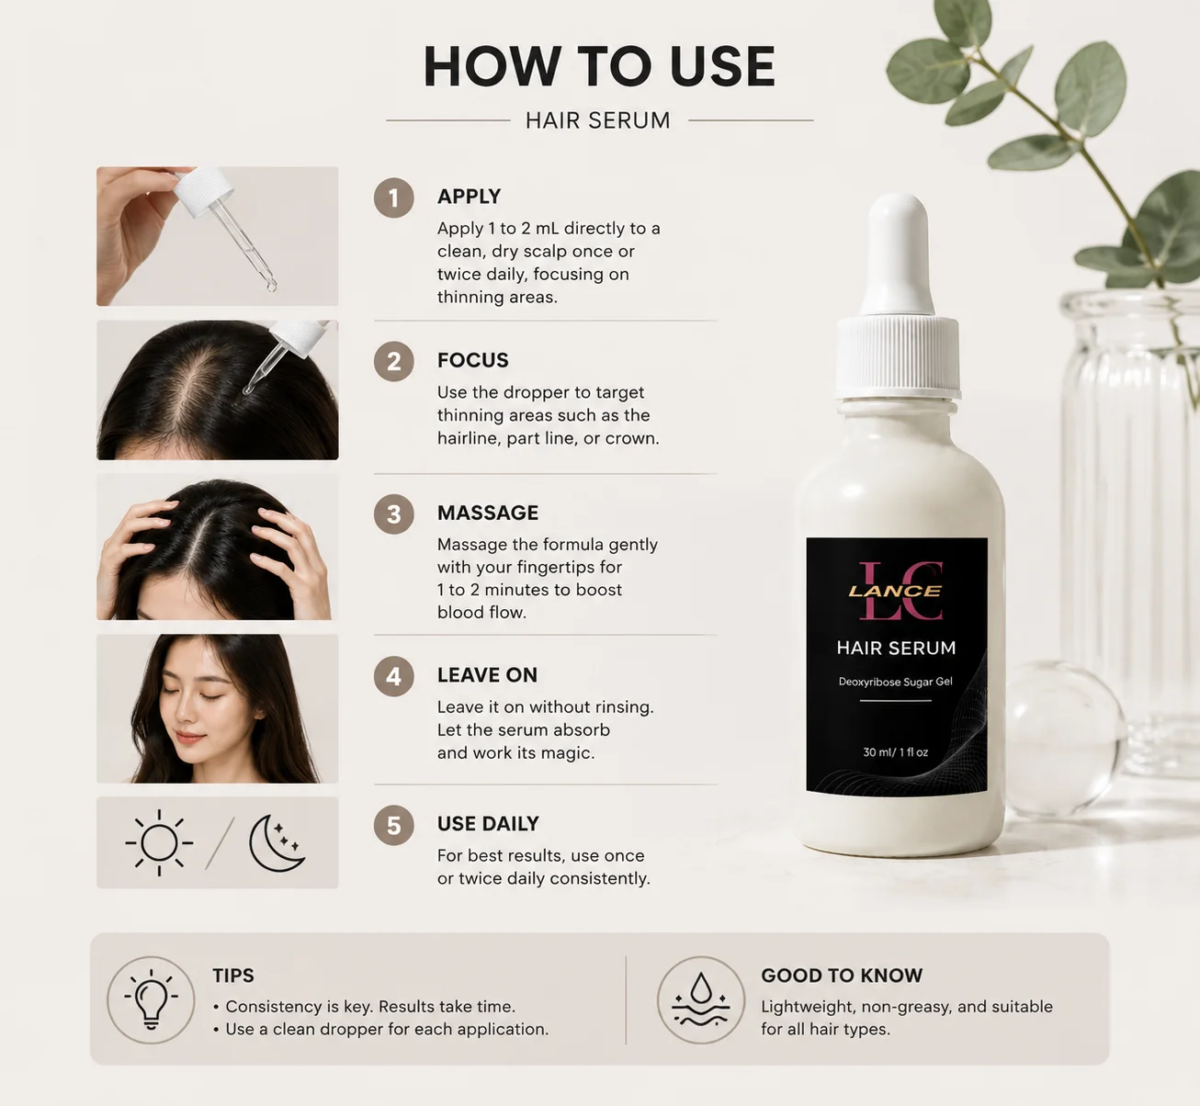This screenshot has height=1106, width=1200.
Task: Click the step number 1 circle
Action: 393,197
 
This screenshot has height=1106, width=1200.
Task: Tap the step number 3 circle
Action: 393,514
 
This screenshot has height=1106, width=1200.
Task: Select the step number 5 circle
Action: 393,825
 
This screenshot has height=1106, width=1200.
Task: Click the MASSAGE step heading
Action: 488,513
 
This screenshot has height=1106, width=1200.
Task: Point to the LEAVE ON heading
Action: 487,675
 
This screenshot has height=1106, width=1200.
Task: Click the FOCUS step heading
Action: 472,360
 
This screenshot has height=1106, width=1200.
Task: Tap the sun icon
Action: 160,842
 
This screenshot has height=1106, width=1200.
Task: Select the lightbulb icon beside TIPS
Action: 151,999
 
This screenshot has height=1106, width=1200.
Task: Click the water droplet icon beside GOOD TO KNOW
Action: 701,999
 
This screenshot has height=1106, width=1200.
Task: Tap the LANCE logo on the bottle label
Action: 895,591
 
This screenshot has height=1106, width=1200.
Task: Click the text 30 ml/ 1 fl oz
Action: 896,752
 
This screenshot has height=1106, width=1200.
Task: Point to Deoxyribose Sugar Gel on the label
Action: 896,682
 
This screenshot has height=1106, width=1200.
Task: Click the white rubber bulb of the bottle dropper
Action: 894,254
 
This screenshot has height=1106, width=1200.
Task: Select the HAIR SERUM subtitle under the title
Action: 597,120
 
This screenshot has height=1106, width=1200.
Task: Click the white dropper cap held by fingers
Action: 203,192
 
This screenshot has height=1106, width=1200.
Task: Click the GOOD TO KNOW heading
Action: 842,976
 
